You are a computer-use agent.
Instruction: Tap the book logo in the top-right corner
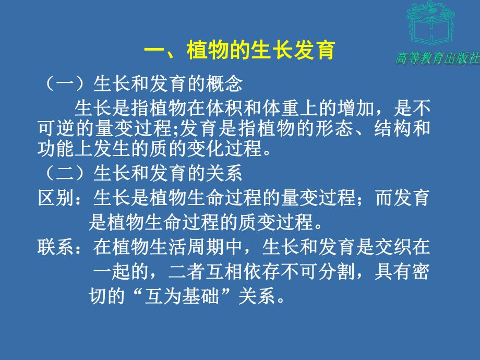pyautogui.click(x=430, y=23)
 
